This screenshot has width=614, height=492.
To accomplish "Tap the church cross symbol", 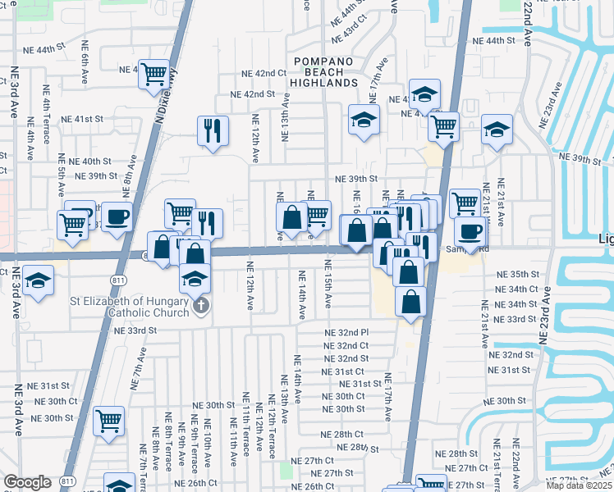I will [x=201, y=307].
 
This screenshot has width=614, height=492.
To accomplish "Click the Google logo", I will [x=27, y=482].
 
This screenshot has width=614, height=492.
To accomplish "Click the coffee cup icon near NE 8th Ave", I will [x=117, y=217].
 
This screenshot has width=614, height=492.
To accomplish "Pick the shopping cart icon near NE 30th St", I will [x=108, y=421].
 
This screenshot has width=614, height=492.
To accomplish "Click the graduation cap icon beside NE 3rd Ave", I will [x=36, y=281].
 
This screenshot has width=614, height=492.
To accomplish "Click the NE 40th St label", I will [x=90, y=162].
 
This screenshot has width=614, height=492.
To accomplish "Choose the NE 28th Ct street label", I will [x=342, y=435].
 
